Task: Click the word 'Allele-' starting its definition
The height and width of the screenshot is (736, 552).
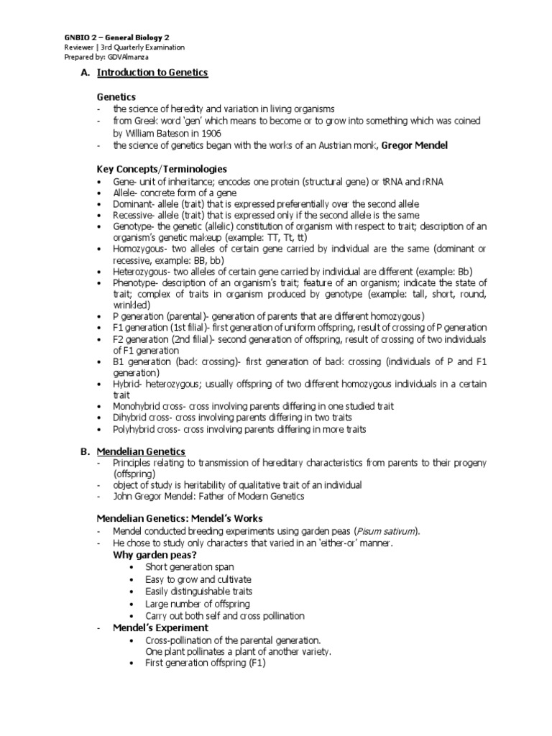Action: tap(126, 193)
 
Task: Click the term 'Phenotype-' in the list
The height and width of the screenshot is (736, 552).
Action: tap(135, 283)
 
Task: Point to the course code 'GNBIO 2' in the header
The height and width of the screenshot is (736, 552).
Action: tap(75, 37)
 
